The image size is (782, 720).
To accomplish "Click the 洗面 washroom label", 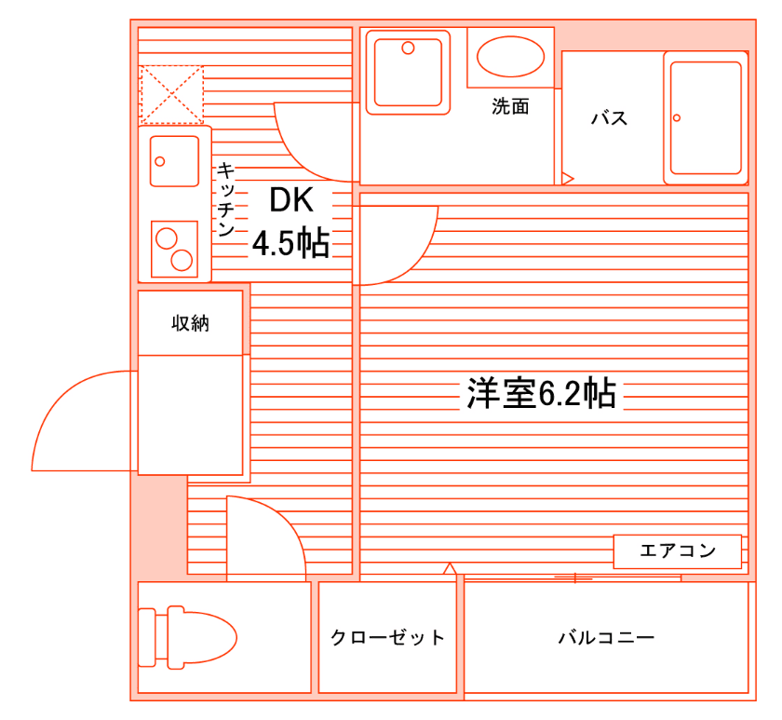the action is (x=510, y=107).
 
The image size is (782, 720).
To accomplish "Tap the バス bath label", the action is (x=610, y=118).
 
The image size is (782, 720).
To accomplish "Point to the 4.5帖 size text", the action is (x=290, y=243).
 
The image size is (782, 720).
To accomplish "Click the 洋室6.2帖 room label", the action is (x=541, y=394).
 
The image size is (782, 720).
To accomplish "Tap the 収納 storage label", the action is (x=190, y=323).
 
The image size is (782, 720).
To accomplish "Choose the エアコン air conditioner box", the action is (x=677, y=550).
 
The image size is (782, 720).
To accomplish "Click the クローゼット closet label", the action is (x=387, y=638).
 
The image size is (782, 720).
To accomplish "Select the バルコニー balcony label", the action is (x=606, y=638).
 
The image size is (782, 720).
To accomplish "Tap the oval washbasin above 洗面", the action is (x=510, y=57).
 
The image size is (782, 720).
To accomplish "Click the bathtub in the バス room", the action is (x=707, y=118).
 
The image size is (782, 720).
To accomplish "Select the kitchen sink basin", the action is (x=175, y=160).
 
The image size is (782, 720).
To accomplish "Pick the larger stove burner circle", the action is (x=168, y=238).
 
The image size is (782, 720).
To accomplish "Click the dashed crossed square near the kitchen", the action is (x=171, y=93).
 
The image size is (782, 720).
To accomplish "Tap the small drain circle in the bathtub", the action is (x=677, y=118).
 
